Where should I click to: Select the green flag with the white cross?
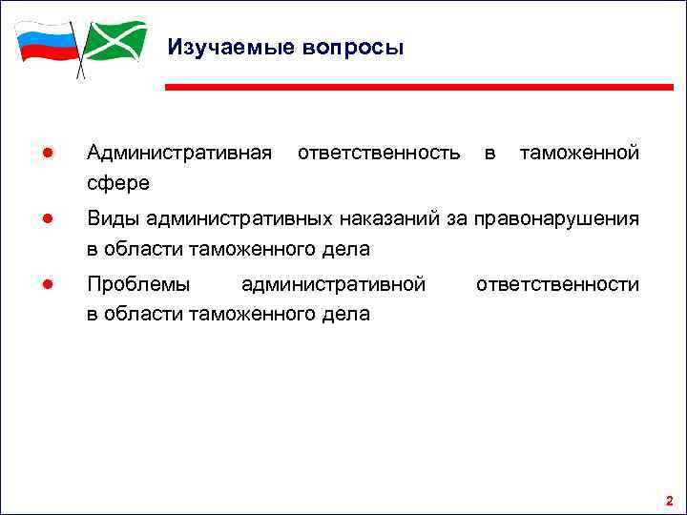[x=114, y=41]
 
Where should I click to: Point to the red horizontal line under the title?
[x=420, y=87]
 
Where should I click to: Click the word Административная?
[x=178, y=153]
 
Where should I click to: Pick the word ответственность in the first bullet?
[x=379, y=153]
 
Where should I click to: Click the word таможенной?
[x=578, y=153]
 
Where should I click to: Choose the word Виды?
[x=113, y=219]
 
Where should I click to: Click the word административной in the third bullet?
[x=333, y=284]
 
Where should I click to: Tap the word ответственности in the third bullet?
[x=557, y=284]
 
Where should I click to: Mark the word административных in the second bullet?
[x=239, y=219]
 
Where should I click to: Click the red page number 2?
[x=669, y=500]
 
